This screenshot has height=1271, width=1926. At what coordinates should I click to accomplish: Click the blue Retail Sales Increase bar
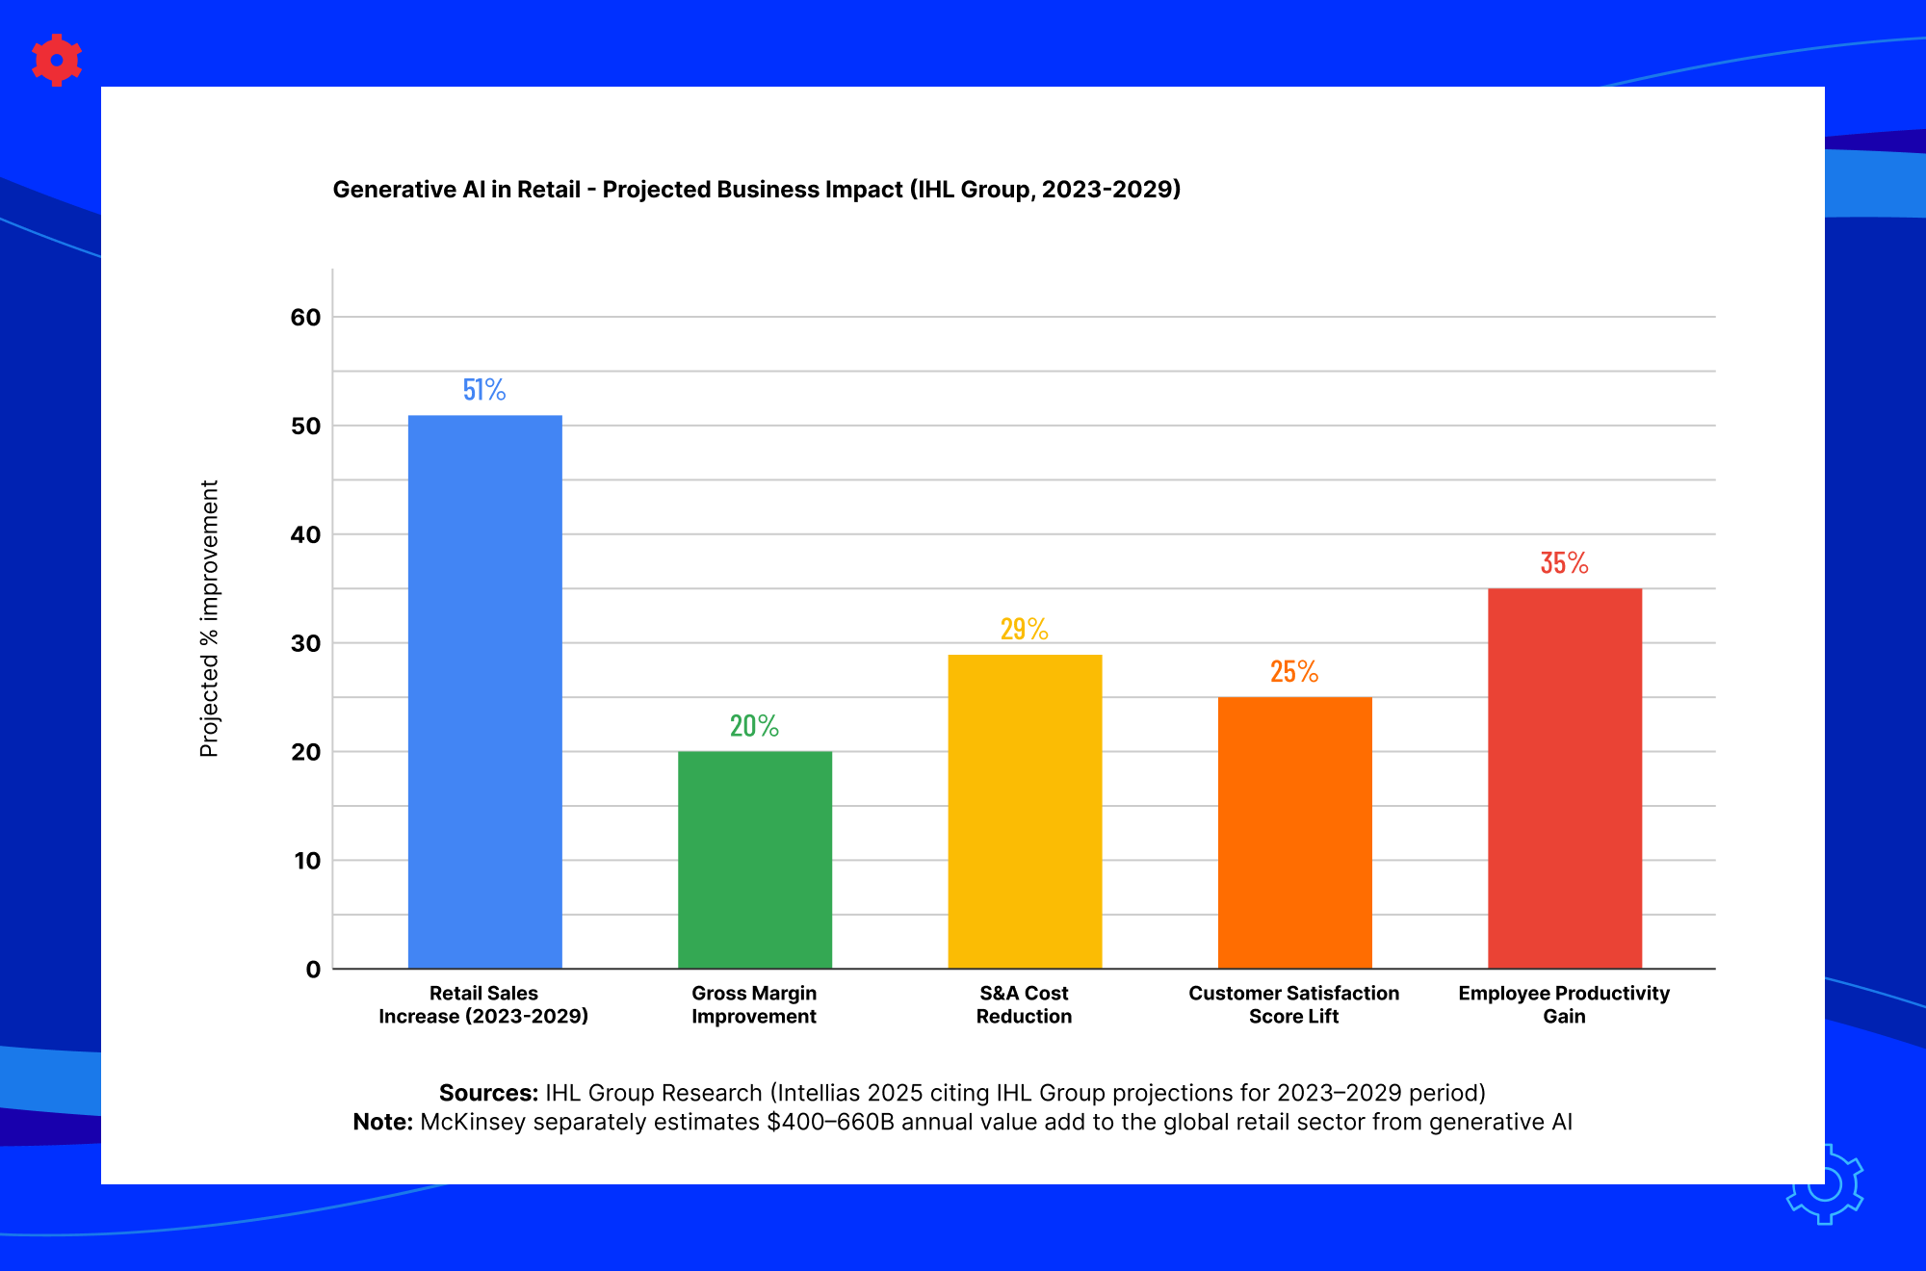tap(485, 691)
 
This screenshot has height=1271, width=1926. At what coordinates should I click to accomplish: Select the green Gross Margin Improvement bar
tap(755, 860)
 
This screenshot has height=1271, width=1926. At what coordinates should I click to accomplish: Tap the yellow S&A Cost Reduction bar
tap(1025, 812)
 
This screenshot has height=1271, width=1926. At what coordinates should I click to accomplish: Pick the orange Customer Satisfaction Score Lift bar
tap(1295, 833)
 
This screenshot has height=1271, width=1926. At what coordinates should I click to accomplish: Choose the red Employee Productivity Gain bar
tap(1565, 778)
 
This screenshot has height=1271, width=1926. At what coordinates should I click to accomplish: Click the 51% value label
tap(484, 389)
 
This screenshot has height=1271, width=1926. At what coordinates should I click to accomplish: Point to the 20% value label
tap(754, 725)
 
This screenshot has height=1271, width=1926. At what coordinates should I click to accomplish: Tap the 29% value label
tap(1024, 629)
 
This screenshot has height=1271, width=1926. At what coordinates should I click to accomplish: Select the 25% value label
tap(1294, 671)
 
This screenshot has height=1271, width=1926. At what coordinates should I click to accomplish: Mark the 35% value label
tap(1564, 562)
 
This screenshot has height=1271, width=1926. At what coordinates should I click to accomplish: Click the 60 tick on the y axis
tap(305, 317)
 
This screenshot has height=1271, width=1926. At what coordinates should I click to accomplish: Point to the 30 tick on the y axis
tap(305, 643)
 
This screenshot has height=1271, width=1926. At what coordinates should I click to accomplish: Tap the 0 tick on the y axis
tap(313, 970)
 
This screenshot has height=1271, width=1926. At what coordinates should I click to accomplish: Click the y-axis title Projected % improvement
tap(209, 619)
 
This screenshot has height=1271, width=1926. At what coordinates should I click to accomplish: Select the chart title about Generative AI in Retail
tap(757, 189)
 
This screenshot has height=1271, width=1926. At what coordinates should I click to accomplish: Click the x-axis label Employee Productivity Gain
tap(1564, 1004)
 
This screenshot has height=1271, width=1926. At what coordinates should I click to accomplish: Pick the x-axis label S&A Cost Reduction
tap(1024, 1004)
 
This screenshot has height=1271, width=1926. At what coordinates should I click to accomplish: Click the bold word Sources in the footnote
tap(488, 1093)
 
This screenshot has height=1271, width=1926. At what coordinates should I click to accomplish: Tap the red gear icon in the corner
tap(57, 61)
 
